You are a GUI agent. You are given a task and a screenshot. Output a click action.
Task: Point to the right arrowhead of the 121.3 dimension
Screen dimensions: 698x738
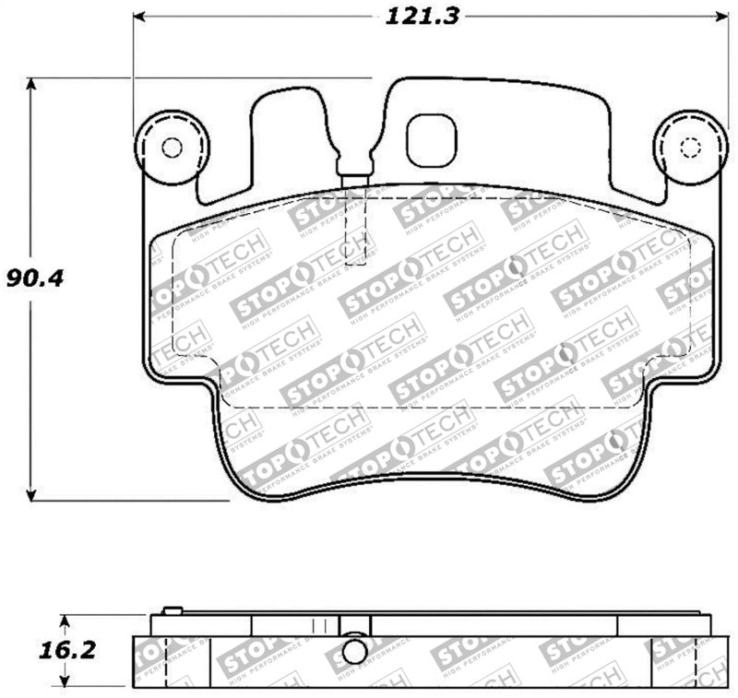coord(720,17)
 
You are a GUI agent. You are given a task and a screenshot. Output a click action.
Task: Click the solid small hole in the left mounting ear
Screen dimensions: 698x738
coord(172,147)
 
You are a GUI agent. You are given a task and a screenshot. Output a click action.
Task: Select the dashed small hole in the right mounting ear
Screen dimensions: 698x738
coord(691,148)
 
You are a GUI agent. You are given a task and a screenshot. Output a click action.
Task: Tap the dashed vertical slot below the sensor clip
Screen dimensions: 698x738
coord(355,231)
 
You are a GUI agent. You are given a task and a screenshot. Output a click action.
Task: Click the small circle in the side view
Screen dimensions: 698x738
coord(353,651)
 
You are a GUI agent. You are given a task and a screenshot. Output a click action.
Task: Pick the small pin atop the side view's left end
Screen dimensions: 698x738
coord(171,609)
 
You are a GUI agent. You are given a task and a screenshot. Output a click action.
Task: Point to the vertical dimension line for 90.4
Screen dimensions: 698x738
coord(31,387)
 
